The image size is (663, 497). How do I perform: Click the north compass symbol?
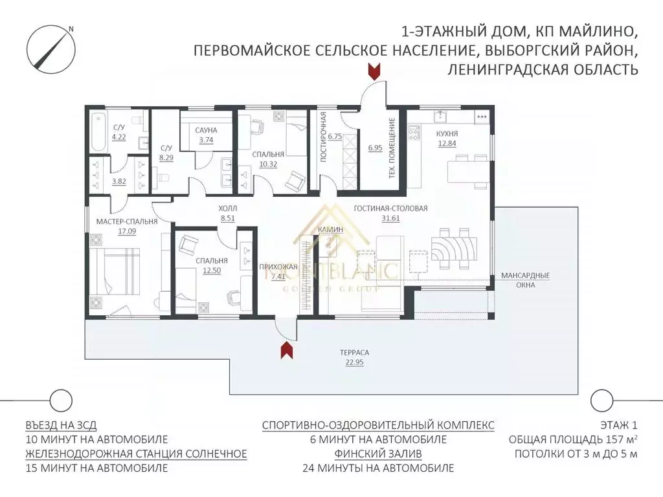(x=51, y=49)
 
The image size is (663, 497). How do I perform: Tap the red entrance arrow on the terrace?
(x=287, y=350)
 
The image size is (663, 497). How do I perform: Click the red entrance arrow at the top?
(x=374, y=71)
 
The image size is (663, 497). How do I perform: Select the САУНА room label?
(x=207, y=130)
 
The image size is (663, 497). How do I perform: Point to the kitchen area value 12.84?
(x=447, y=143)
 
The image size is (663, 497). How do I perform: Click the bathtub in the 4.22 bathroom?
(x=98, y=132)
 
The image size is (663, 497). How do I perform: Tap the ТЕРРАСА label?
(x=354, y=353)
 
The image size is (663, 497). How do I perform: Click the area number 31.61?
(x=390, y=219)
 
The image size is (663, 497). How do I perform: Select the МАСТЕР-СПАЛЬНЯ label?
(x=127, y=221)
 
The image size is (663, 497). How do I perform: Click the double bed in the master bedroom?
(x=114, y=271)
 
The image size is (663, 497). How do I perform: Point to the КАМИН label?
(x=330, y=229)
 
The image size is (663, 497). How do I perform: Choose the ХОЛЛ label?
(x=227, y=208)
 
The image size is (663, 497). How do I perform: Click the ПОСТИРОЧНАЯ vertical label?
(x=324, y=137)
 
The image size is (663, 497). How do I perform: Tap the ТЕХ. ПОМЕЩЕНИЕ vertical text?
(x=392, y=148)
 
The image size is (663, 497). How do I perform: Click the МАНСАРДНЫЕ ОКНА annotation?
(x=525, y=280)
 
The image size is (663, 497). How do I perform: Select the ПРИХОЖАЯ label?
(x=278, y=267)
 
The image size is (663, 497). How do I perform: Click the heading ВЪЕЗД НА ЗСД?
(x=61, y=425)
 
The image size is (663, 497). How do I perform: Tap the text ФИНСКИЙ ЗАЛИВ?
(x=378, y=454)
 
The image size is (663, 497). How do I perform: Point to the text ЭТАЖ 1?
(x=618, y=425)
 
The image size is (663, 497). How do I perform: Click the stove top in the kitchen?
(x=414, y=132)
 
